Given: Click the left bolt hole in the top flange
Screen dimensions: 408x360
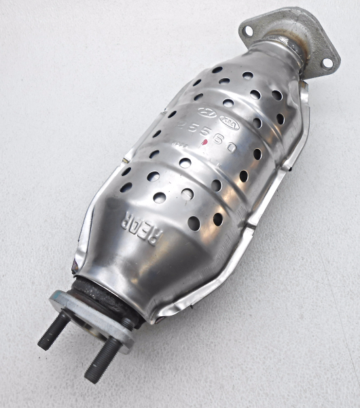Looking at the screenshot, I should [248, 31].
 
